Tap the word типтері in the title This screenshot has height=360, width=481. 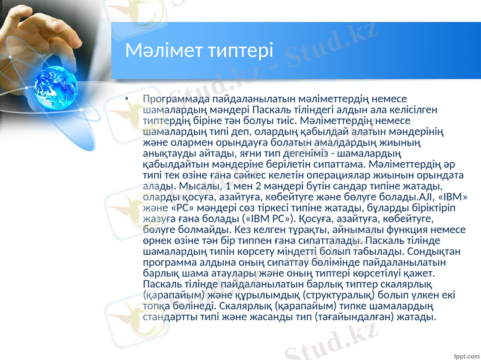pyautogui.click(x=239, y=51)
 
